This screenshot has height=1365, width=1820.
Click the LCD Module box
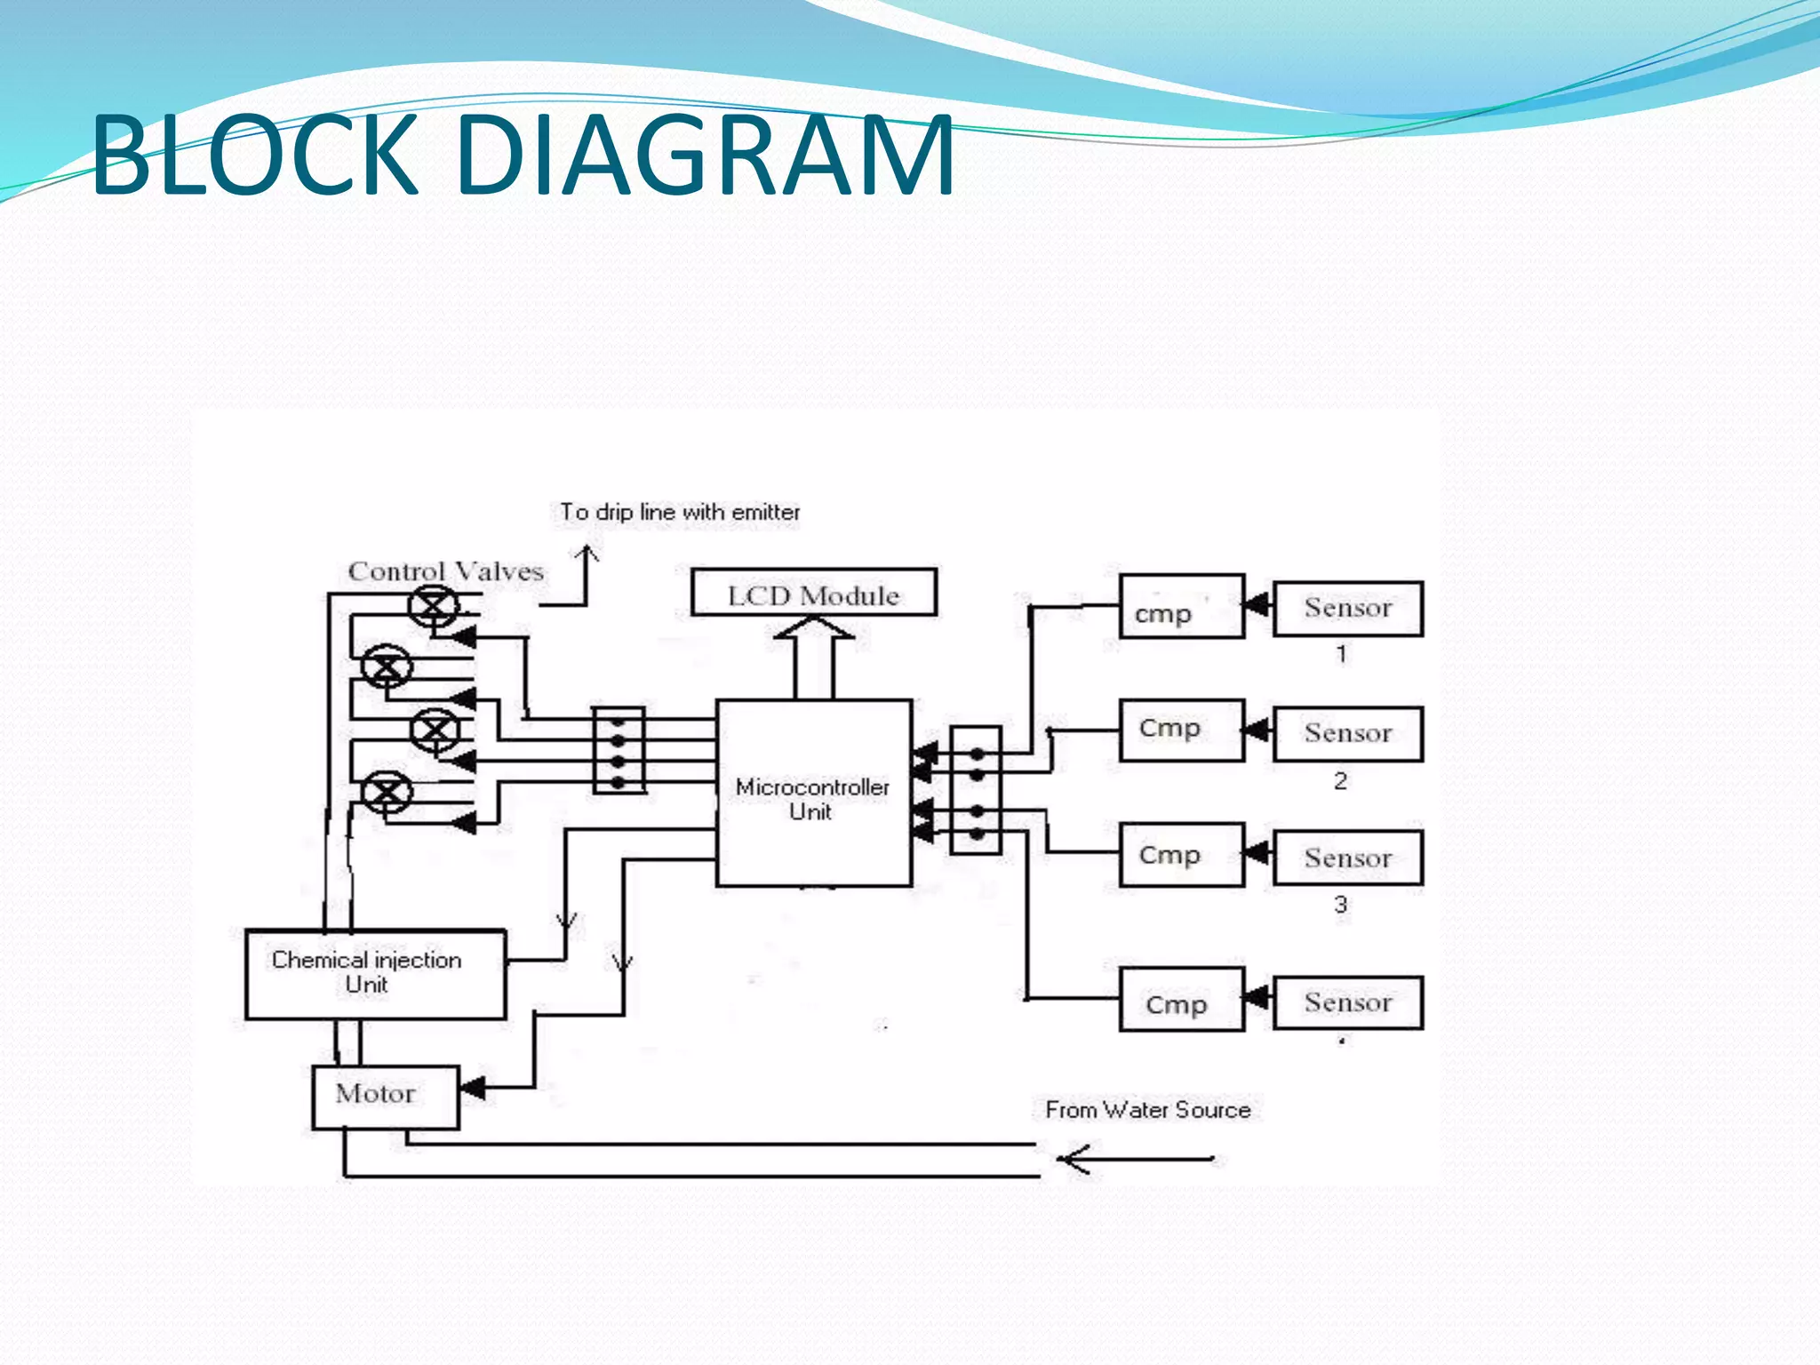coord(813,593)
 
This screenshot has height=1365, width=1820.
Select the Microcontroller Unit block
coord(813,793)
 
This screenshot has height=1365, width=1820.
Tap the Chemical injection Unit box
coord(375,974)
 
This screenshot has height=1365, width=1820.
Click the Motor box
coord(385,1097)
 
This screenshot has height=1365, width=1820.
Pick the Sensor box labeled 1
coord(1347,609)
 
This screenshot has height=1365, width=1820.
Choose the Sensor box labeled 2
coord(1347,734)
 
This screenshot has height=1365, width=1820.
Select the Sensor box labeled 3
coord(1347,858)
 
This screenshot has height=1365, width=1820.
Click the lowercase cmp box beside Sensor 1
coord(1181,607)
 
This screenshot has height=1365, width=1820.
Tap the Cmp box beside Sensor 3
coord(1181,855)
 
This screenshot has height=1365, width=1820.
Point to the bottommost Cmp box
coord(1181,1001)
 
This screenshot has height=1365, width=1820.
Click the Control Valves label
coord(445,571)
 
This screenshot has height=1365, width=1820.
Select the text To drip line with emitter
coord(680,513)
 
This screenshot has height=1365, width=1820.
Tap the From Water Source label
coord(1147,1110)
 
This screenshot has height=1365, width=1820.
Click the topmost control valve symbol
coord(434,607)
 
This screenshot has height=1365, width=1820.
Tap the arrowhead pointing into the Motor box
coord(472,1088)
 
